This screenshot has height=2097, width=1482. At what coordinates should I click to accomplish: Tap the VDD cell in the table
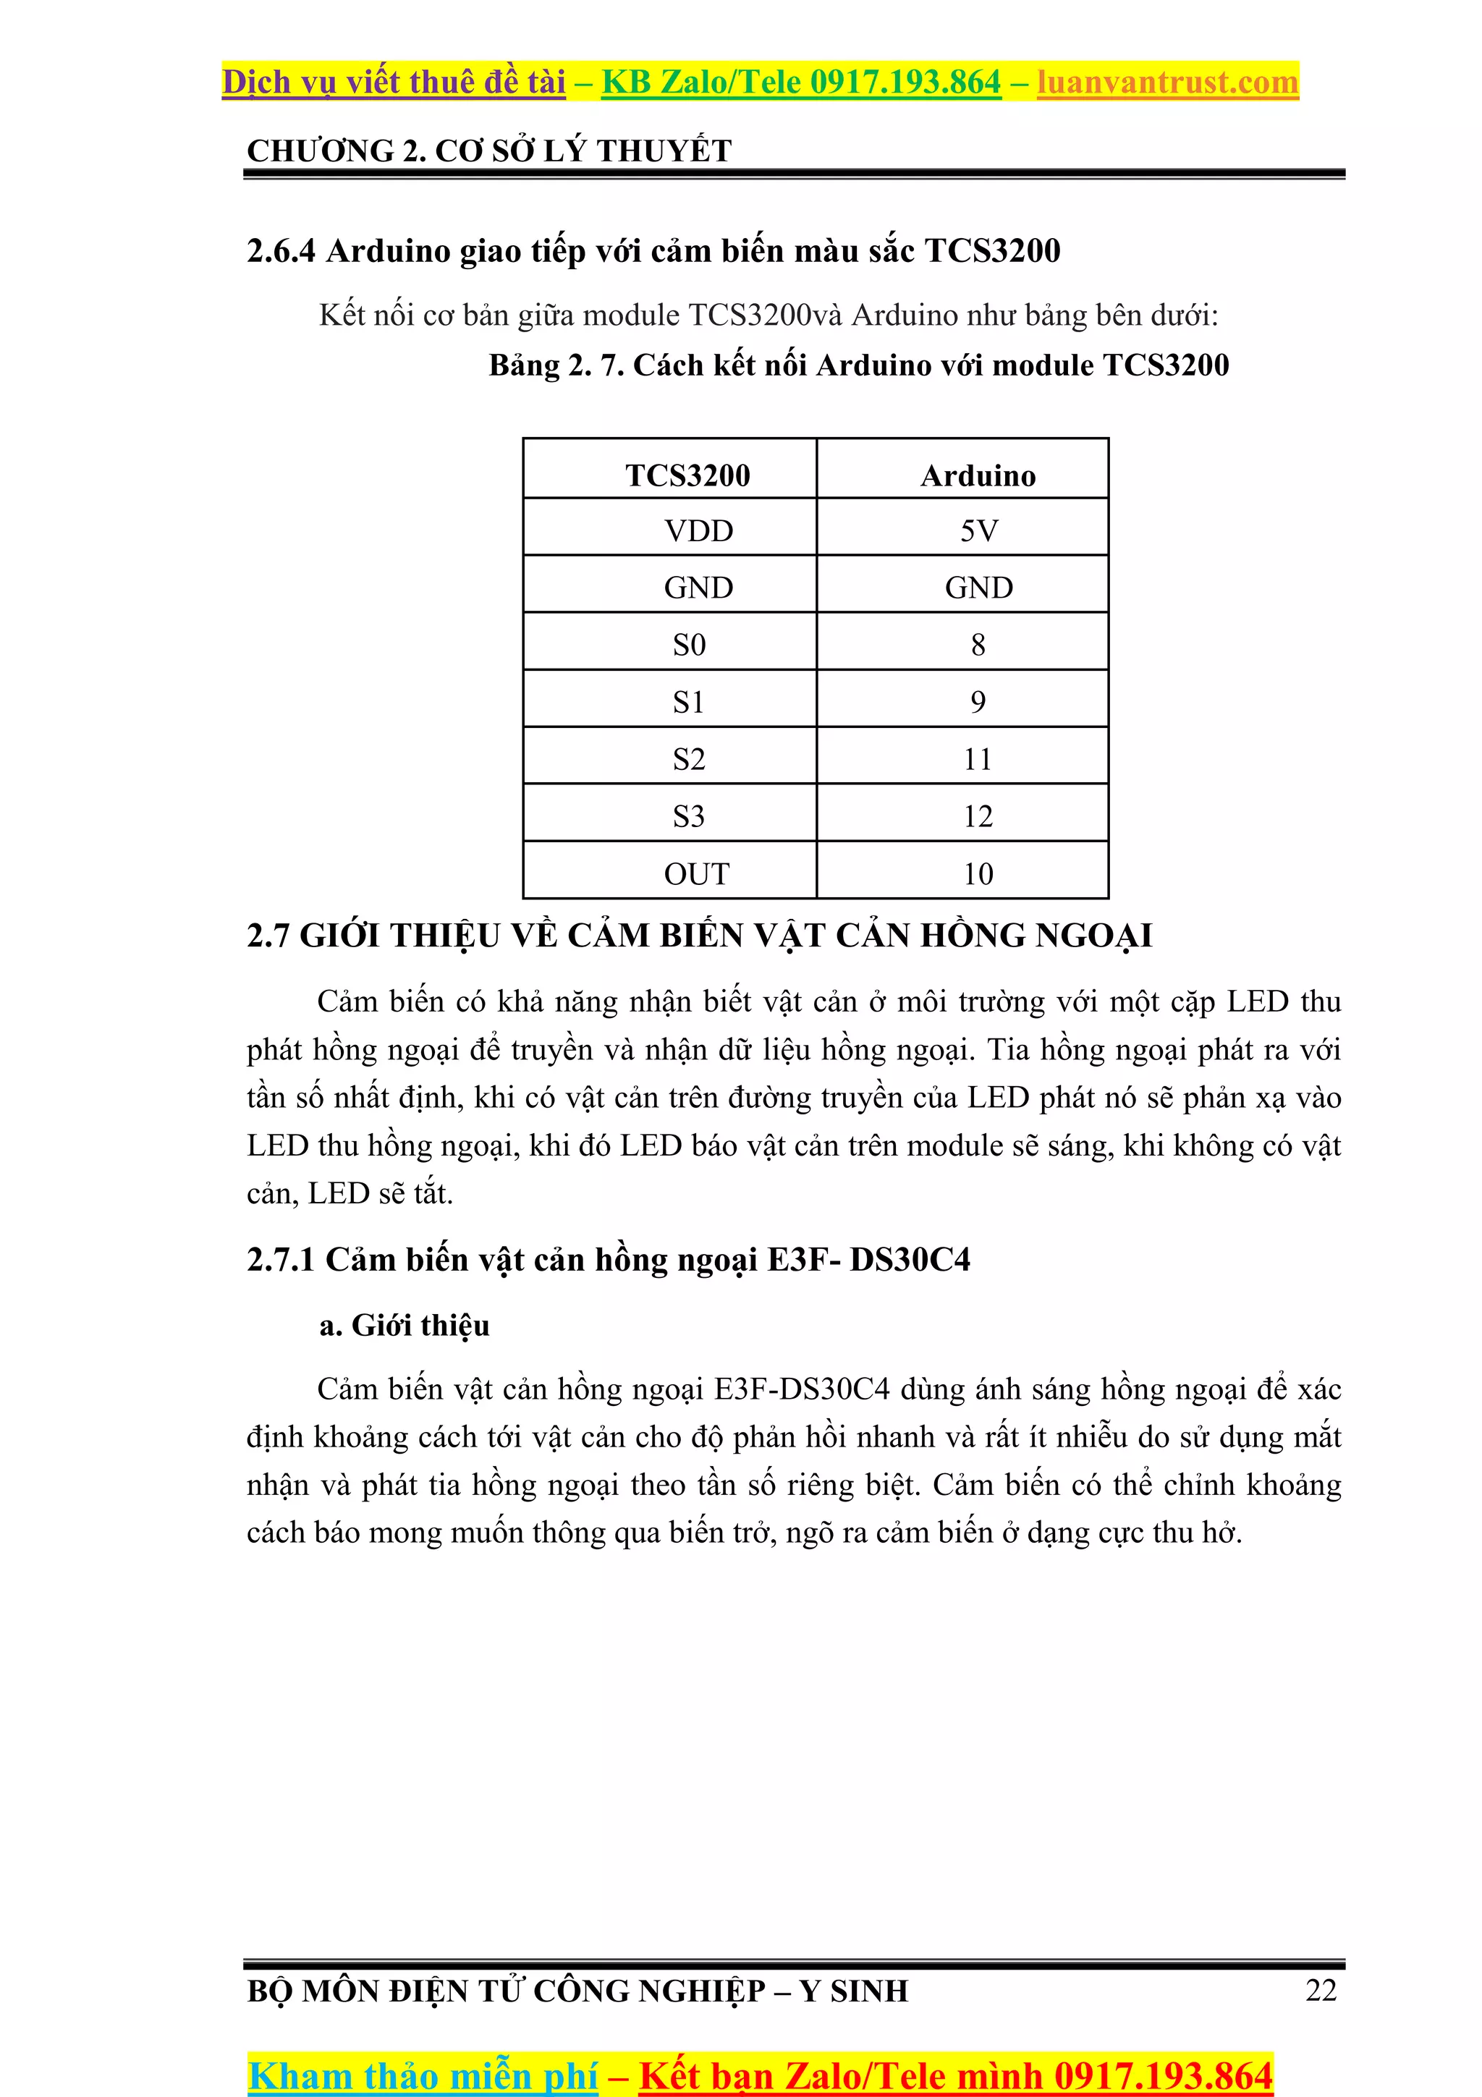(x=698, y=530)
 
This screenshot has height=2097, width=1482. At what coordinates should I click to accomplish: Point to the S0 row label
(x=690, y=645)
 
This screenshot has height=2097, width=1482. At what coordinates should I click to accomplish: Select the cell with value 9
(x=978, y=701)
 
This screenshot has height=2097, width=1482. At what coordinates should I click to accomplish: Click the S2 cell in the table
(x=690, y=759)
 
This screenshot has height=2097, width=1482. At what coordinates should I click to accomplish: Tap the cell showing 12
(x=978, y=815)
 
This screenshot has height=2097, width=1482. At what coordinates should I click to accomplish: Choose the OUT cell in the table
(x=697, y=873)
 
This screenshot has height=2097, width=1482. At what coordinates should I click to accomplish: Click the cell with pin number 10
(x=978, y=873)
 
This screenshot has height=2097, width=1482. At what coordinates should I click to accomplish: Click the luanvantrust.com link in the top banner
(x=1167, y=82)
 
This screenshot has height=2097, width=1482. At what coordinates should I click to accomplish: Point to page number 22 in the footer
(x=1321, y=1989)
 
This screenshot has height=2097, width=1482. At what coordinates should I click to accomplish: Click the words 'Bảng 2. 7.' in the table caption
(x=556, y=365)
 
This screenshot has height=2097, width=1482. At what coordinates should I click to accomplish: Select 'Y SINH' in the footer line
(x=854, y=1990)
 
